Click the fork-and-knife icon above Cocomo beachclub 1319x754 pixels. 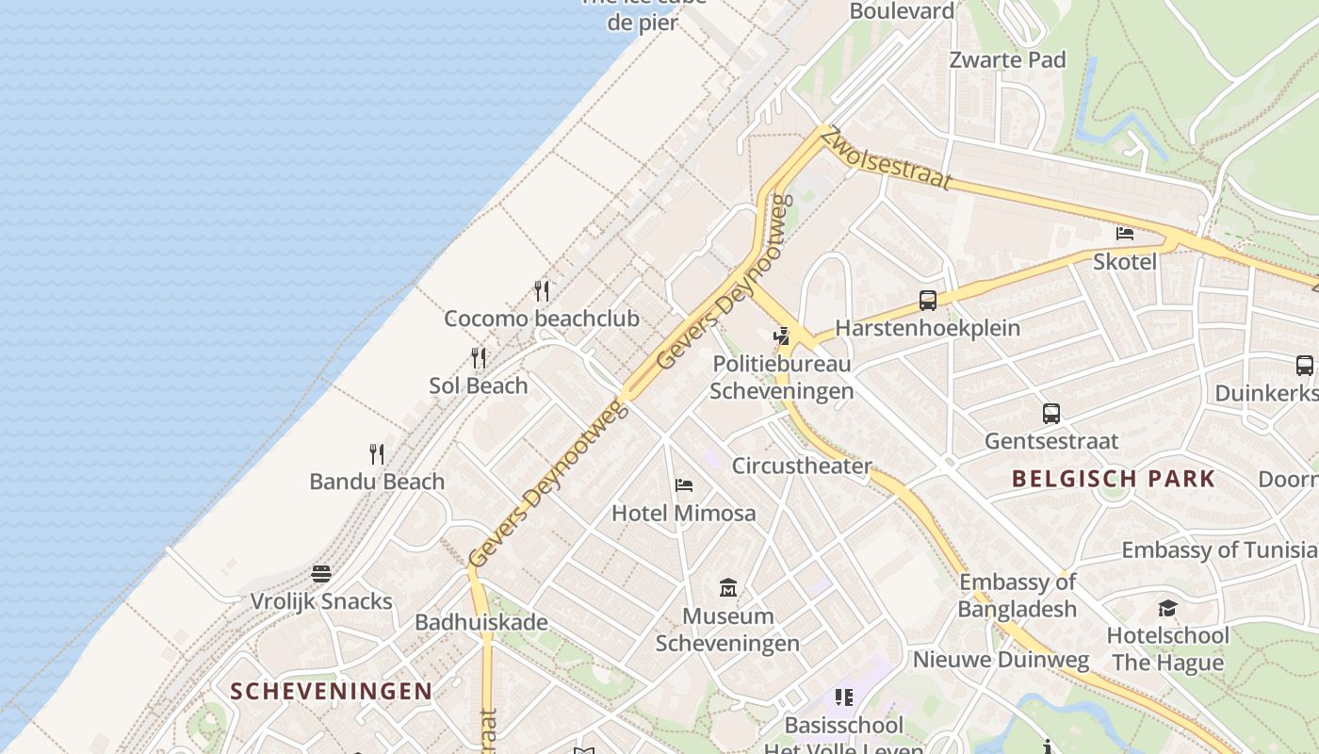tap(542, 290)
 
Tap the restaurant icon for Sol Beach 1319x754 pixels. tap(479, 358)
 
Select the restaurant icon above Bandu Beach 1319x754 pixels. tap(377, 454)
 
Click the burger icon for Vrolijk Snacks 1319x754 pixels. tap(321, 574)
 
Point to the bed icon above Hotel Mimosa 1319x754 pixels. tap(684, 485)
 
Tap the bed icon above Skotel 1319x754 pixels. tap(1124, 233)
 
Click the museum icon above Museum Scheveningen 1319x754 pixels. tap(727, 588)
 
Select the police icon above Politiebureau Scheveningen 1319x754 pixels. tap(781, 336)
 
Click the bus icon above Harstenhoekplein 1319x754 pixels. tap(928, 301)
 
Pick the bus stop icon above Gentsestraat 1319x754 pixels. tap(1051, 413)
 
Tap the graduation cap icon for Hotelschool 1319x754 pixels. tap(1167, 608)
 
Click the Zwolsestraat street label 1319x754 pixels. tap(887, 158)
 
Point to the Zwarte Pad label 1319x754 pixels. tap(1007, 59)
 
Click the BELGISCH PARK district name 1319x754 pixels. tap(1114, 479)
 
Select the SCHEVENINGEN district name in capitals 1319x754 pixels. tap(332, 691)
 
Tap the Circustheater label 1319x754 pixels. tap(802, 466)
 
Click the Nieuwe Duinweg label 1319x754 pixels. tap(1001, 659)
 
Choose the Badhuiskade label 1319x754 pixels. tap(481, 622)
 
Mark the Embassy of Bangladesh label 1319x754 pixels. tap(1017, 595)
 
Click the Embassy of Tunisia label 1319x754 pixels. tap(1219, 549)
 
